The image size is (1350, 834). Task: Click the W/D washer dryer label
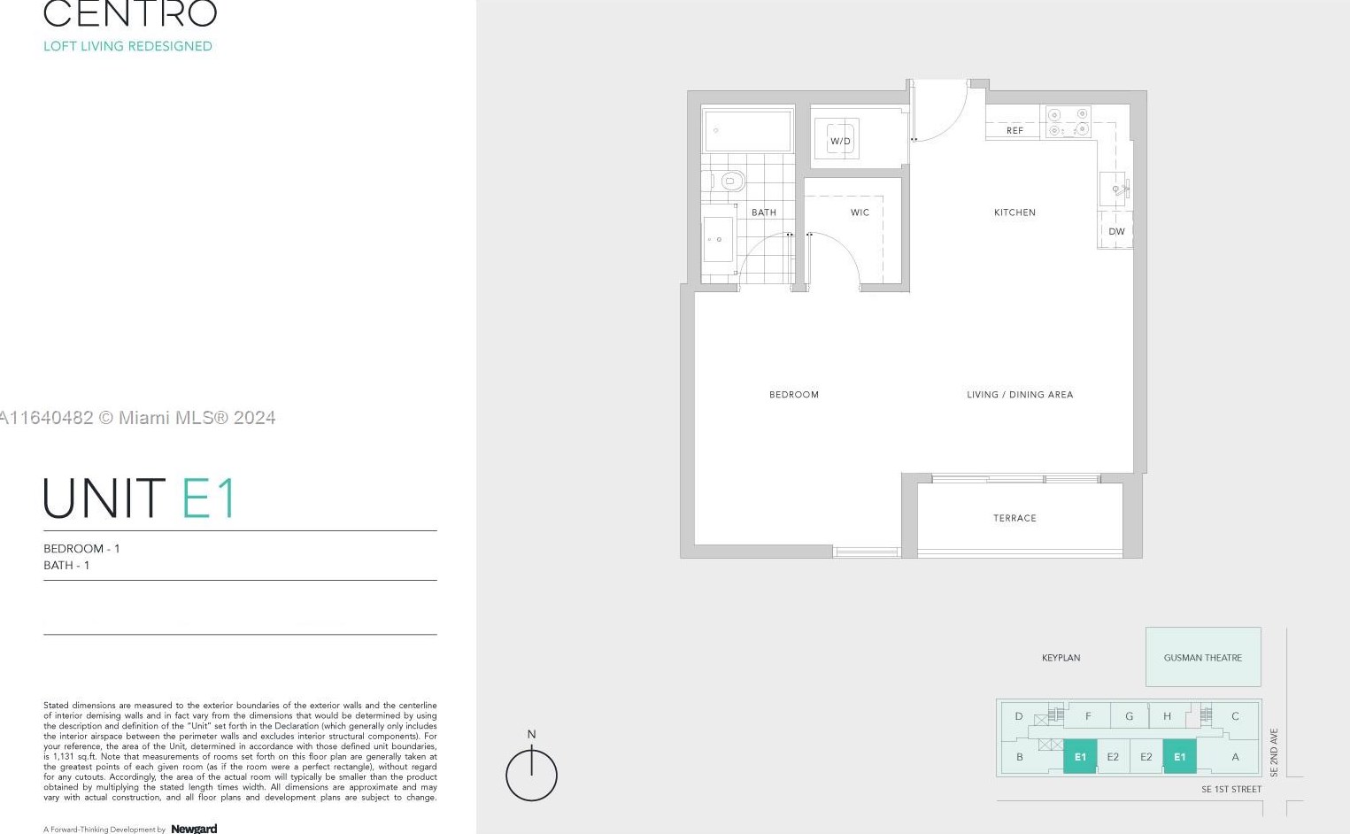pos(839,142)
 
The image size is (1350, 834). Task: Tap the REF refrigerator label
pos(1014,131)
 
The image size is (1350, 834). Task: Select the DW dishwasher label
pos(1116,232)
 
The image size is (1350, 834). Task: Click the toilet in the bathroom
pos(730,181)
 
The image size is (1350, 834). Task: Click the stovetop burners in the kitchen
pos(1068,122)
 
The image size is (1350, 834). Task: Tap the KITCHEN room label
pos(1014,212)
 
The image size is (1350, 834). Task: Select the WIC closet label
pos(860,212)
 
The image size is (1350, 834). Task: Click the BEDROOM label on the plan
pos(794,395)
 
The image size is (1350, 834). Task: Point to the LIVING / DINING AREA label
pos(1020,395)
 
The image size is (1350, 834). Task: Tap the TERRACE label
pos(1014,518)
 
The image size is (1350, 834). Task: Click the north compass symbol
pos(531,774)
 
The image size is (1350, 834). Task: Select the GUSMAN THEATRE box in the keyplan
pos(1203,657)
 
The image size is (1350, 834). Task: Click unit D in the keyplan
pos(1018,716)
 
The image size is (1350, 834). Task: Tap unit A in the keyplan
pos(1235,757)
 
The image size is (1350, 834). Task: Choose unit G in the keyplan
pos(1129,716)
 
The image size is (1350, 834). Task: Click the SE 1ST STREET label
pos(1230,789)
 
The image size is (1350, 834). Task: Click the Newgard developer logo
pos(194,829)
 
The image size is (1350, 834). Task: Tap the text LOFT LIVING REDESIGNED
pos(127,46)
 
